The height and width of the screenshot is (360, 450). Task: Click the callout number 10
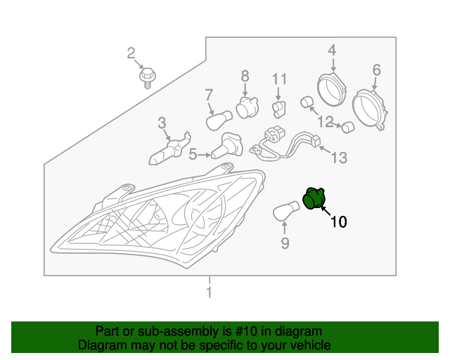(x=338, y=222)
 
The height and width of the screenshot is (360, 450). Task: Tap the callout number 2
(x=131, y=53)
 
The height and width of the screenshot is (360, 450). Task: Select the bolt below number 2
(x=147, y=76)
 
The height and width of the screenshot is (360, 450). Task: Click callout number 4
(x=332, y=50)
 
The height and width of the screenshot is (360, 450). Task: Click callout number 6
(x=376, y=70)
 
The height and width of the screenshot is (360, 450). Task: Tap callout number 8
(x=245, y=76)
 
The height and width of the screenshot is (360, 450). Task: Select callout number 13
(x=339, y=158)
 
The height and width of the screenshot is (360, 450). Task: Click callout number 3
(x=162, y=123)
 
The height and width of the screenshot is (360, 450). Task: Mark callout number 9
(x=285, y=243)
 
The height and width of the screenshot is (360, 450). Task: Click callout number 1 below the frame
(x=209, y=292)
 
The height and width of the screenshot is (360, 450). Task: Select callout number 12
(x=324, y=122)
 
